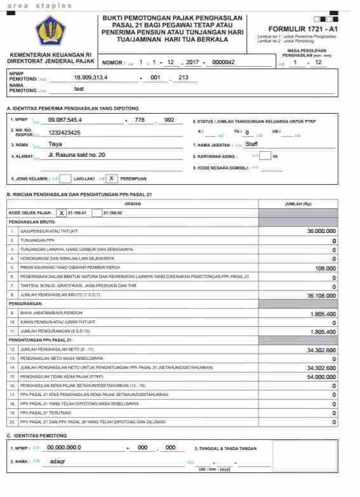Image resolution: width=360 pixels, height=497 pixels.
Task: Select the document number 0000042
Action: [x=223, y=62]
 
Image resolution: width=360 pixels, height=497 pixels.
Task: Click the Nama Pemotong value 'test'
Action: [x=79, y=89]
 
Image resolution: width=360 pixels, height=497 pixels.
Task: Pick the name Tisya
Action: [x=55, y=144]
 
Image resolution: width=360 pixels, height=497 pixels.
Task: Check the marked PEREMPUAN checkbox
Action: [x=112, y=178]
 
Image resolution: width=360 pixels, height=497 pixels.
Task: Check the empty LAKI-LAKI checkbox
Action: [x=65, y=178]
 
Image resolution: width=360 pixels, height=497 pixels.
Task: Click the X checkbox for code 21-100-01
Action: [x=62, y=213]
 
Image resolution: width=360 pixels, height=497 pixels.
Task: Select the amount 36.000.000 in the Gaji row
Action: [x=321, y=232]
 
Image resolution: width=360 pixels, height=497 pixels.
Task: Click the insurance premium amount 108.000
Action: [x=325, y=268]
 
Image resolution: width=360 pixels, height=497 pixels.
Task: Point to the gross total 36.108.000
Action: [x=321, y=295]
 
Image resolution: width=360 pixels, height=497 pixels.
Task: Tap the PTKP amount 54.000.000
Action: [x=321, y=376]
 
